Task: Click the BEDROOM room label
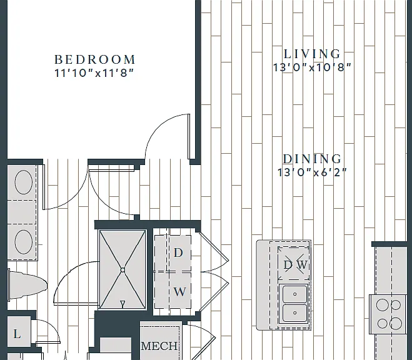coord(94,59)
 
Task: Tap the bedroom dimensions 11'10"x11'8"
coord(94,73)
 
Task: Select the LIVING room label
coord(312,54)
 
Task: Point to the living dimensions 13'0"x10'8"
coord(312,67)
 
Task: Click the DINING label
coord(312,159)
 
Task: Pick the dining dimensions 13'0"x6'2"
coord(312,172)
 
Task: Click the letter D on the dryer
coord(178,252)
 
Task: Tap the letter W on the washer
coord(179,291)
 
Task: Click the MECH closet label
coord(159,346)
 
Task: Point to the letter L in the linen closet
coord(17,334)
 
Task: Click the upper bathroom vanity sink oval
coord(24,182)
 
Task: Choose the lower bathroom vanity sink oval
coord(24,242)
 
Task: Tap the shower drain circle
coord(123,270)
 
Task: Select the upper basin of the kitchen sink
coord(295,294)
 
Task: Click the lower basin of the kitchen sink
coord(295,312)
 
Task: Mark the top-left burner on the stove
coord(383,305)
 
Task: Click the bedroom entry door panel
coord(189,136)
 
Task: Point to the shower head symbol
coord(123,304)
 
